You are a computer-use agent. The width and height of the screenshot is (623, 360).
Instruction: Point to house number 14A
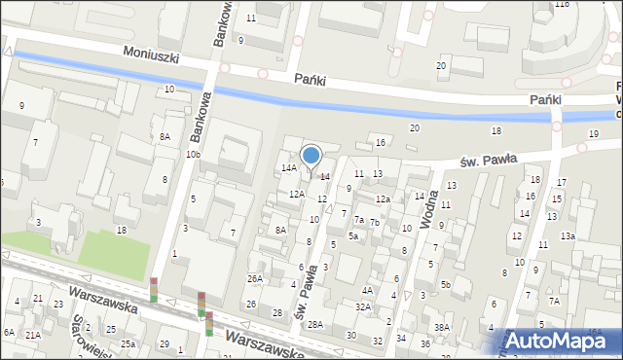pos(289,168)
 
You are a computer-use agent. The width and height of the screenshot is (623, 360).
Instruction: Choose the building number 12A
pos(297,194)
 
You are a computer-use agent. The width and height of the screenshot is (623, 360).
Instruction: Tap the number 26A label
pos(254,279)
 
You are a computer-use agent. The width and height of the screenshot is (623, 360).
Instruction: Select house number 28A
pos(315,325)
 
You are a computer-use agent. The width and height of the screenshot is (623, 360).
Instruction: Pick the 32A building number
pos(362,306)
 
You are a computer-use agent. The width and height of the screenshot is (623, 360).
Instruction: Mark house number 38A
pos(442,327)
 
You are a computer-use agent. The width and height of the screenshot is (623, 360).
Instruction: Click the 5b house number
pos(445,284)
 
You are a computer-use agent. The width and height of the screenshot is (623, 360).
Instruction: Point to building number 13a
pos(568,235)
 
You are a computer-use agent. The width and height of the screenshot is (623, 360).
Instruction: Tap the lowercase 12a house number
pos(384,199)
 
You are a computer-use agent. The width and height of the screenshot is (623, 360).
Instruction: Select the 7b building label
pos(374,223)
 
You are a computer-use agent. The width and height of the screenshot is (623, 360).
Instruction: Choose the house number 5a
pos(353,235)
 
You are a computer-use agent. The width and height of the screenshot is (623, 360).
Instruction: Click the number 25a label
pos(128,344)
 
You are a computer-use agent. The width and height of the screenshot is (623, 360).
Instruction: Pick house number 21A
pos(33,335)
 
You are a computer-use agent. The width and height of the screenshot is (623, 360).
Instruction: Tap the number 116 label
pos(562,4)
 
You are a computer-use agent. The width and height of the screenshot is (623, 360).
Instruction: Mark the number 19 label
pos(594,133)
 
